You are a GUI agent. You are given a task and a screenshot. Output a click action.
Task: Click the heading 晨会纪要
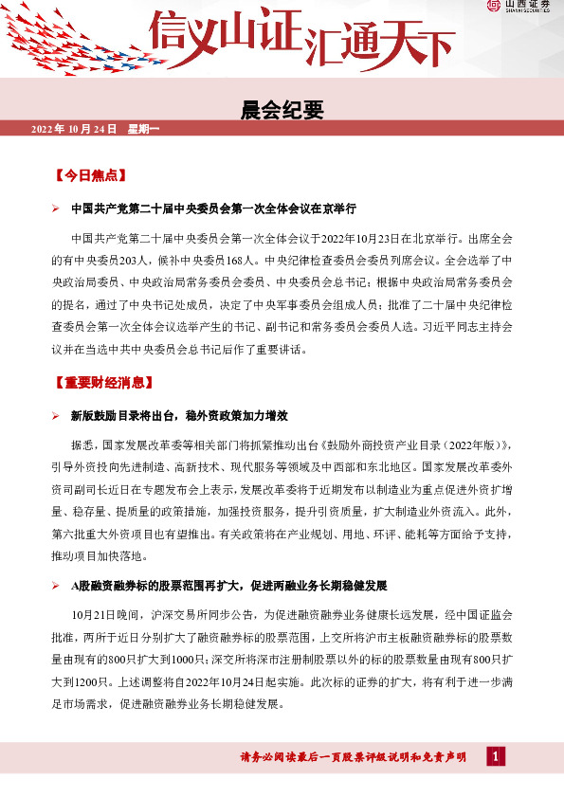[282, 110]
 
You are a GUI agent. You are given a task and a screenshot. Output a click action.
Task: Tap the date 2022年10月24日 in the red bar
[74, 128]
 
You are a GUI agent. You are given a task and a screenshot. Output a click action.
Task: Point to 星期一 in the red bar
[145, 128]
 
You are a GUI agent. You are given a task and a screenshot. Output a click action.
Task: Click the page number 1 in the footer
[496, 755]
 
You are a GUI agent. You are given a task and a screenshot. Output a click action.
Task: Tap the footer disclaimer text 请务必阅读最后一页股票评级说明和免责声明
[353, 756]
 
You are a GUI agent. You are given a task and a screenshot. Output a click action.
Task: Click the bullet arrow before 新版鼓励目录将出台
[56, 417]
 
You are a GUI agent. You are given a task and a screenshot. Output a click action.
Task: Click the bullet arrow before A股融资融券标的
[56, 586]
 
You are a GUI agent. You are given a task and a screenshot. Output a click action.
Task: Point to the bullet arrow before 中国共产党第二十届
[56, 209]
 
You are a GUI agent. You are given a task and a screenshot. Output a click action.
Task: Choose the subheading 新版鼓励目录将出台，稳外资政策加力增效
[179, 417]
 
